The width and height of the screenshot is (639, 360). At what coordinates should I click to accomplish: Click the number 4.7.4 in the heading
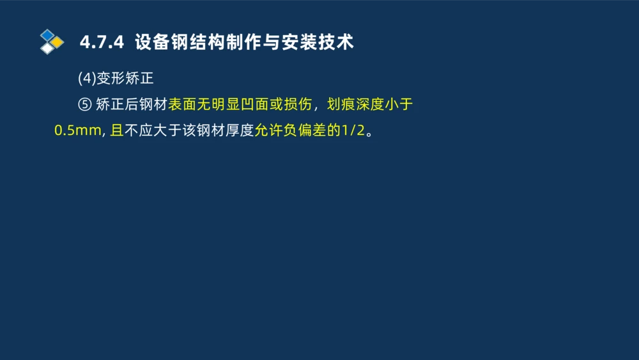100,43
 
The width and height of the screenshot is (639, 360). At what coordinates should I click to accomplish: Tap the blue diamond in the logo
47,35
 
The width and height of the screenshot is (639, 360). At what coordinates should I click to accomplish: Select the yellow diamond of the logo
57,42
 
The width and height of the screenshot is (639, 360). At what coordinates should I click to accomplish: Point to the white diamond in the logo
47,49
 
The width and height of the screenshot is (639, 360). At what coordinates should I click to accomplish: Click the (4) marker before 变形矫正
86,78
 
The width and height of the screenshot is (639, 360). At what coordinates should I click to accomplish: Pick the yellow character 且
116,132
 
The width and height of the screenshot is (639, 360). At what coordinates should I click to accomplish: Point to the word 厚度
240,132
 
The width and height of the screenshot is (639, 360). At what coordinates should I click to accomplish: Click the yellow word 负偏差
305,132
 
